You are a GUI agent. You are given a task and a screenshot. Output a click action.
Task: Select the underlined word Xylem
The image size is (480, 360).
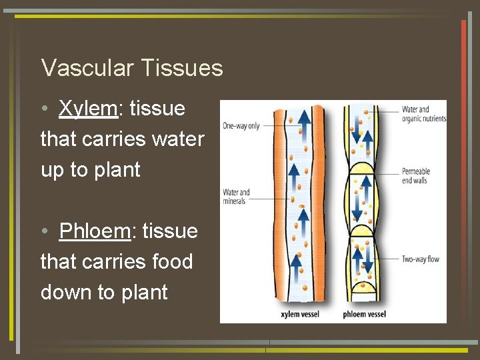click(x=87, y=109)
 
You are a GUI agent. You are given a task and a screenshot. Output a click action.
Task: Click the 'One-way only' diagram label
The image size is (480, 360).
click(x=241, y=125)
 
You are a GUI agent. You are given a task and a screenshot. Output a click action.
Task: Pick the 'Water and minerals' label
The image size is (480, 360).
click(x=235, y=197)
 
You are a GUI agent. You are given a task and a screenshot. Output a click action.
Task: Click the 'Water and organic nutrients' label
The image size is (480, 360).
click(x=424, y=114)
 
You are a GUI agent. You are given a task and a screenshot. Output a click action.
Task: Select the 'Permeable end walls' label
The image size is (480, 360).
click(x=417, y=176)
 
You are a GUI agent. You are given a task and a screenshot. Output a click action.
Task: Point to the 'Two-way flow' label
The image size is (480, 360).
click(x=420, y=259)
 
